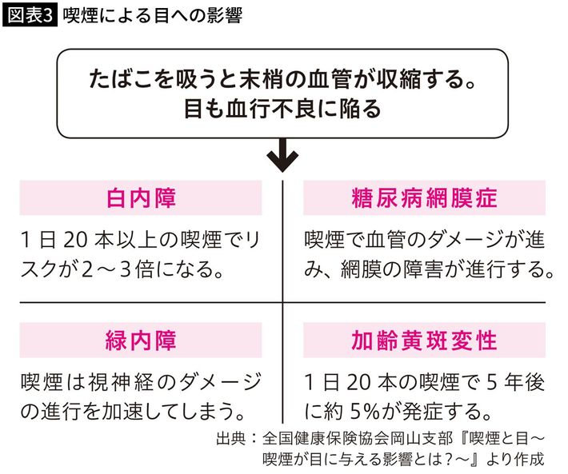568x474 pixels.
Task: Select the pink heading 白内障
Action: (x=141, y=198)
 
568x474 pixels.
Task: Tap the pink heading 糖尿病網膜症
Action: (x=424, y=198)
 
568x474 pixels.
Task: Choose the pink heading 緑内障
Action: (x=141, y=341)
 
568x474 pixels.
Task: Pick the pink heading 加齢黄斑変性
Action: (x=424, y=341)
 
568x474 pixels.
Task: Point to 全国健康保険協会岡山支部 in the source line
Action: (x=357, y=438)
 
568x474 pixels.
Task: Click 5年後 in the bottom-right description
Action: (x=515, y=382)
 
